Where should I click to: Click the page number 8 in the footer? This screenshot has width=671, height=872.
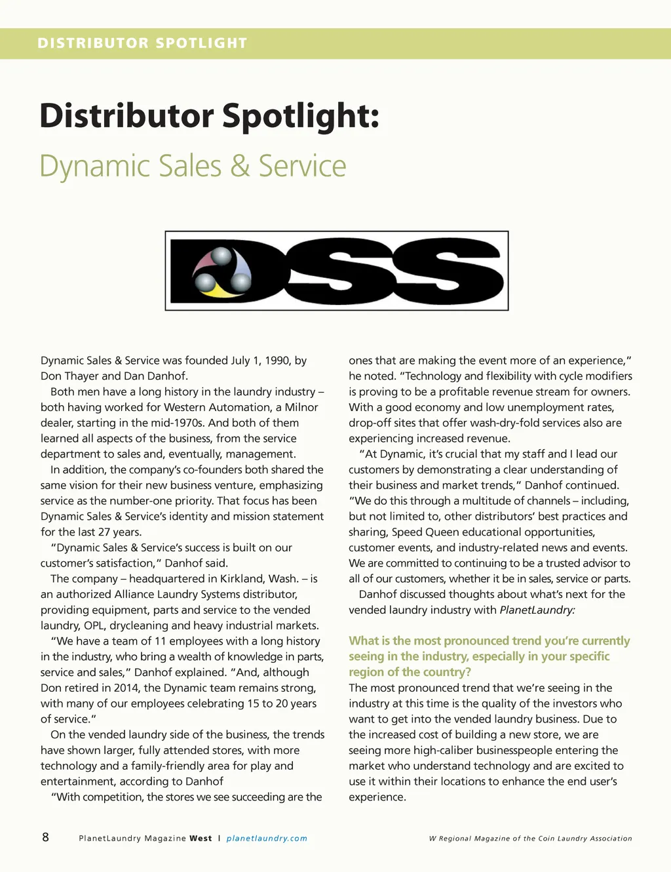click(45, 837)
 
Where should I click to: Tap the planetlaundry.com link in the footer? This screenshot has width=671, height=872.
click(267, 839)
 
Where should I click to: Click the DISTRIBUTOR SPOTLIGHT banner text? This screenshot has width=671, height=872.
click(142, 43)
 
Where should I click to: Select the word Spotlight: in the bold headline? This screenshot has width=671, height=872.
click(301, 116)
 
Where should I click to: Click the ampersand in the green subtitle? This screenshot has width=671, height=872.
click(240, 166)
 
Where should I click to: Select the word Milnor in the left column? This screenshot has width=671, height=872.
click(301, 407)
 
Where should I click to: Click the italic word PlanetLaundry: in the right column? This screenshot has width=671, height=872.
click(537, 610)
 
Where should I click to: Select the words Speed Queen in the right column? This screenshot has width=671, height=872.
click(425, 532)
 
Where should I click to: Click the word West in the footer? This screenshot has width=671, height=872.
click(201, 839)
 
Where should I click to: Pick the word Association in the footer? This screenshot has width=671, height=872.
click(611, 839)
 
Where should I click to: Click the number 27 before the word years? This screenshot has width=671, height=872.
click(105, 532)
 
